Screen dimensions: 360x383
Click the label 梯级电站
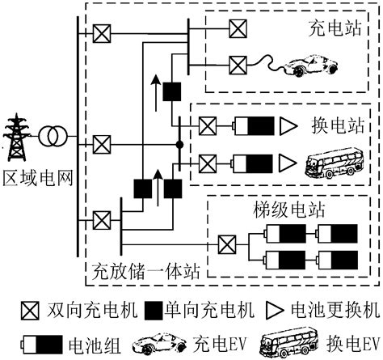pyautogui.click(x=289, y=210)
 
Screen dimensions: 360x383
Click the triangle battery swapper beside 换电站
pyautogui.click(x=288, y=126)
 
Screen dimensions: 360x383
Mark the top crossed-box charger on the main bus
pyautogui.click(x=103, y=33)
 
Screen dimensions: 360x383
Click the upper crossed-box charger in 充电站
pyautogui.click(x=237, y=27)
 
